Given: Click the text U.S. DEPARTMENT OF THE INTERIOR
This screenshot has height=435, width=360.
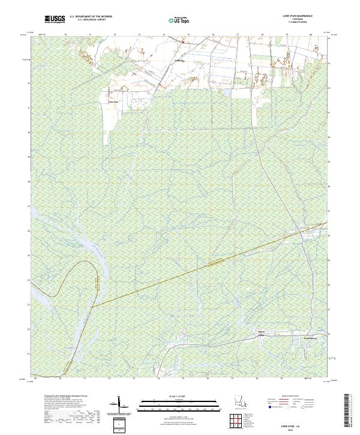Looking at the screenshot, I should pos(91,17).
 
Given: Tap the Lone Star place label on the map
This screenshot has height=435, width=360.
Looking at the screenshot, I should pos(112,101).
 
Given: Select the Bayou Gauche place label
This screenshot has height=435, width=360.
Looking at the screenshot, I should pos(260,333).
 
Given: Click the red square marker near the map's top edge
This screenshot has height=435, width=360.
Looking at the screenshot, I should pos(183,42).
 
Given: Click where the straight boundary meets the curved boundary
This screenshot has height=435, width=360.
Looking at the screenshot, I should pos(94,305).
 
